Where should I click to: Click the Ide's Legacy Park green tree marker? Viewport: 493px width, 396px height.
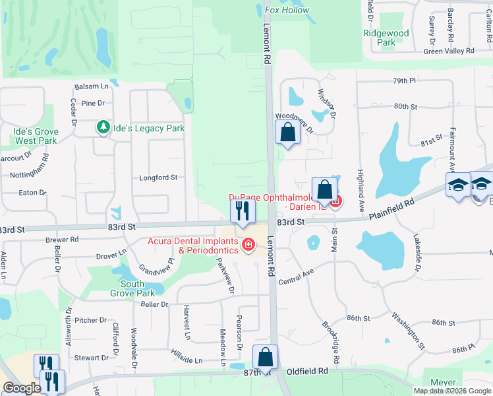coord(103,127)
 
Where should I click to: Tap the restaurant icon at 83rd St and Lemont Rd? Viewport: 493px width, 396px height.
coord(242,211)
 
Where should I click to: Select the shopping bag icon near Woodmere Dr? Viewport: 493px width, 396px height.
coord(287,132)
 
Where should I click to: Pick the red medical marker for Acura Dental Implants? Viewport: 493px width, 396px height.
coord(248,246)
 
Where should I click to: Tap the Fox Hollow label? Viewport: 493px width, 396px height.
coord(287,10)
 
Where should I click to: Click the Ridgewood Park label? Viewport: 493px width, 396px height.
coord(386,38)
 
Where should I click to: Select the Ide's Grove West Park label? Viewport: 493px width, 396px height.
coord(36,136)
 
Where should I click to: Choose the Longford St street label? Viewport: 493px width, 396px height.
coord(158,178)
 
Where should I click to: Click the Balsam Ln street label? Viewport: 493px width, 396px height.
coord(91,86)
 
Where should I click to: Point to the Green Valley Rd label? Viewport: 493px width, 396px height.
coord(449,51)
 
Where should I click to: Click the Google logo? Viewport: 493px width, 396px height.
coord(22,389)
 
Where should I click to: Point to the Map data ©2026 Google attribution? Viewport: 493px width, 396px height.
coord(452,391)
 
